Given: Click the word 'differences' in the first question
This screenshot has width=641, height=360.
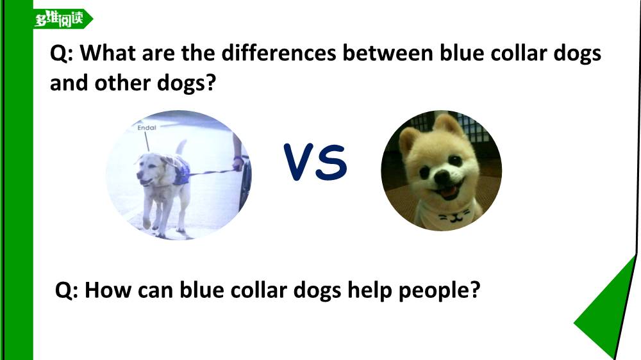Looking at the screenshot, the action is point(279,53).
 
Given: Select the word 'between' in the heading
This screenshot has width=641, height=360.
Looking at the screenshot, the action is point(388,53).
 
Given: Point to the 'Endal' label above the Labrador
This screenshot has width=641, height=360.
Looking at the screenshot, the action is point(147,128).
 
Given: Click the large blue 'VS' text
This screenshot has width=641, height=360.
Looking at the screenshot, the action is point(315,162).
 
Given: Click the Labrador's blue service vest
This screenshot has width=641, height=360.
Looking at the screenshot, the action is point(181,170).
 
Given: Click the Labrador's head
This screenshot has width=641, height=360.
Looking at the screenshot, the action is point(151,168).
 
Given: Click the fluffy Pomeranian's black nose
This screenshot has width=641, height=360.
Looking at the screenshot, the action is point(442,177).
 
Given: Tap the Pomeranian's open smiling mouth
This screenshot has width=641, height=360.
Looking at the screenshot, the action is point(449,192).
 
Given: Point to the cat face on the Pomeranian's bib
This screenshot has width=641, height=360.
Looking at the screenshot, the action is point(454,216).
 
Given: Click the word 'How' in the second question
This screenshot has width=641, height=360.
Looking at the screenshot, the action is point(108,291).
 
